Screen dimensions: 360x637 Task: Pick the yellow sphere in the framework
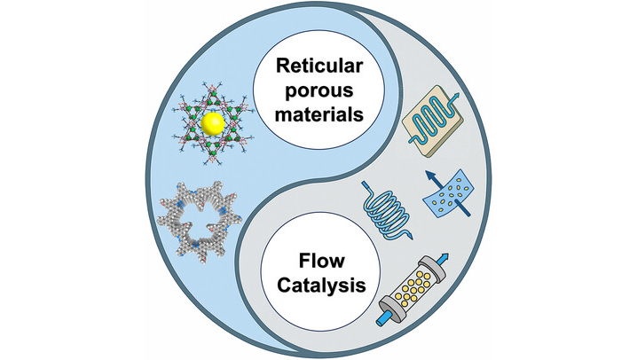(x=212, y=124)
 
